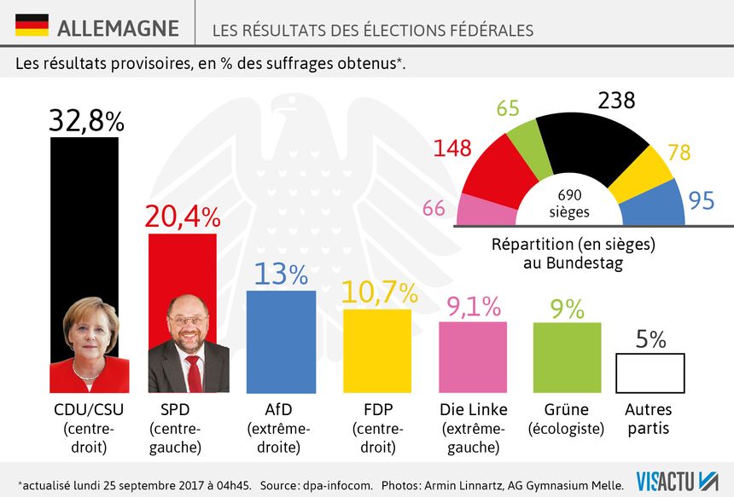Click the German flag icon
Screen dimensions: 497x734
[32, 25]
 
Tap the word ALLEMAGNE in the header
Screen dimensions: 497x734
[118, 28]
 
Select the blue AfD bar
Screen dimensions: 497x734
[281, 341]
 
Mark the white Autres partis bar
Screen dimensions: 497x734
[650, 373]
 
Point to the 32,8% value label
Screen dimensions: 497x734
[86, 121]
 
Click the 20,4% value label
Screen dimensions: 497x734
[182, 217]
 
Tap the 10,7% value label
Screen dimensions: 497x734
[379, 292]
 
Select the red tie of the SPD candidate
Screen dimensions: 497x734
[194, 372]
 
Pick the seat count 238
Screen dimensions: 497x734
[616, 101]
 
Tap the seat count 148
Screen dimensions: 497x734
[452, 147]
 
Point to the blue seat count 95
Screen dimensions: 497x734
[702, 202]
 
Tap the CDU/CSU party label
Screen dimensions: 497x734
[90, 409]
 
